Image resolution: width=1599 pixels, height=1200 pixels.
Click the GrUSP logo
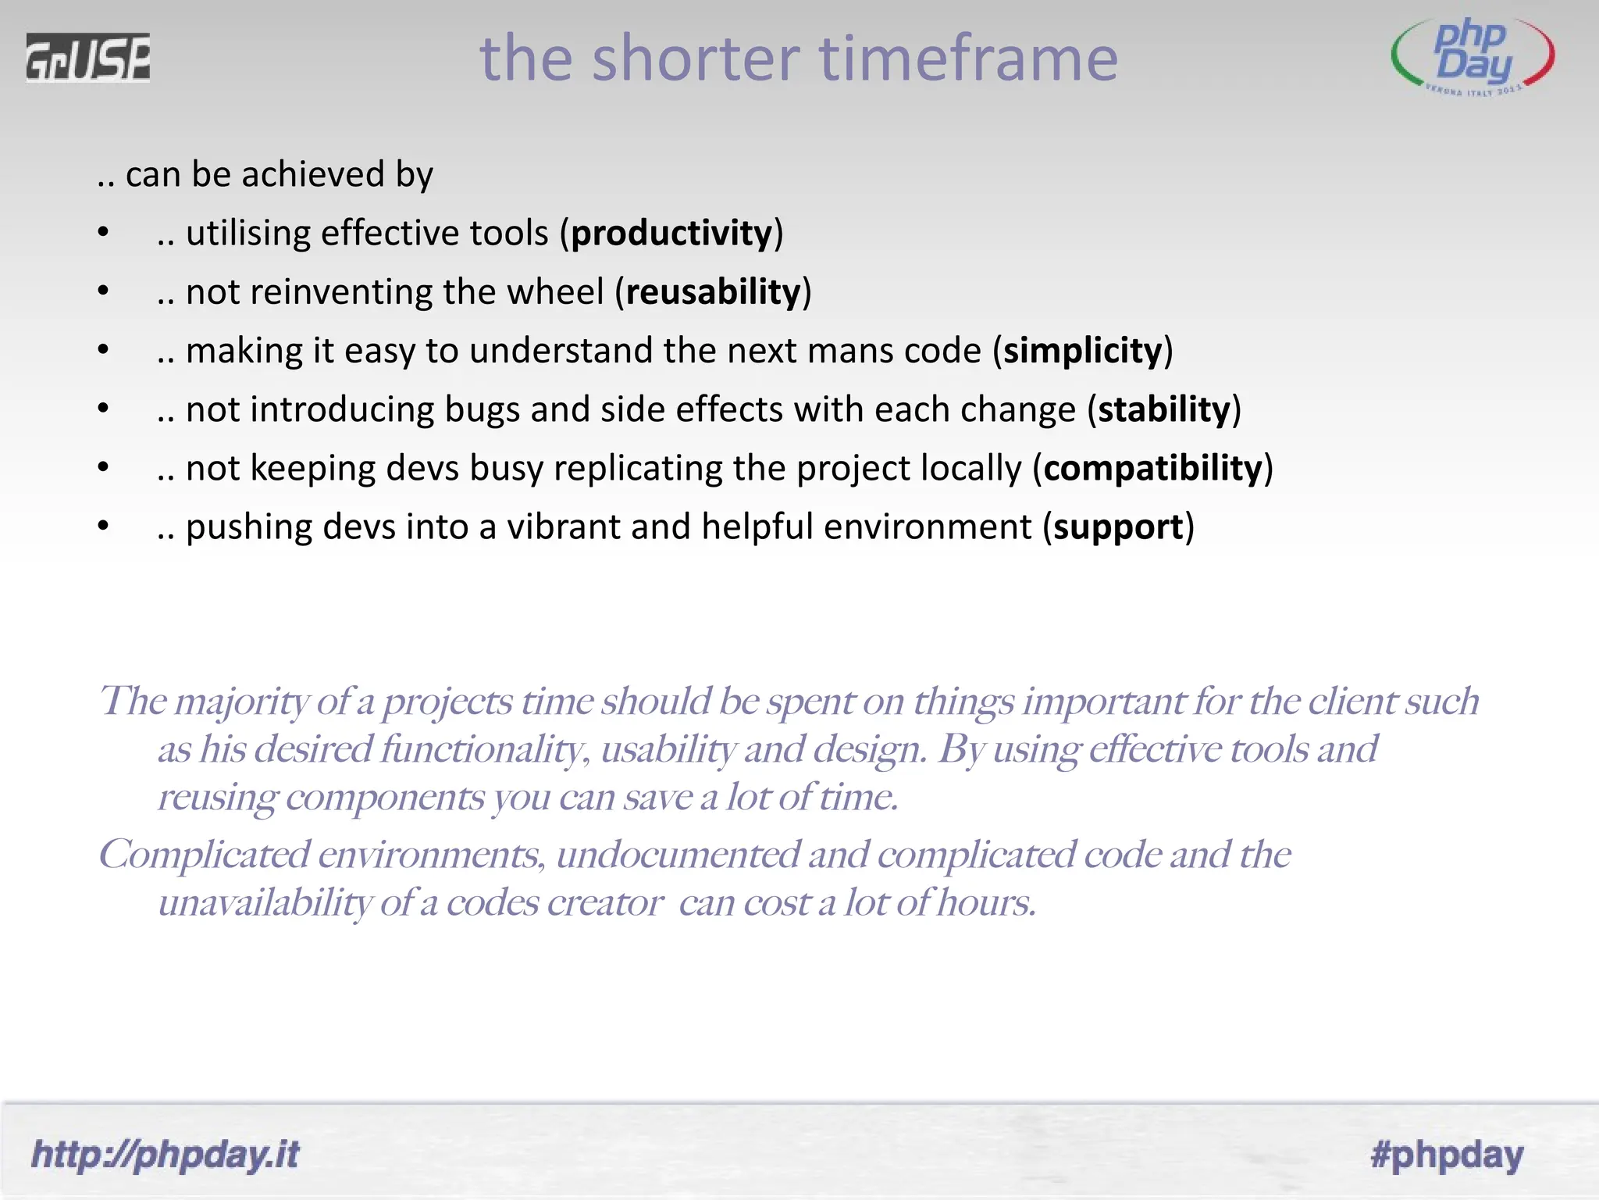(x=87, y=58)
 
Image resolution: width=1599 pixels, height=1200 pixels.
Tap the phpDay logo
(x=1473, y=56)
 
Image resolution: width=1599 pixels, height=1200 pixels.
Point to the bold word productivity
(x=671, y=234)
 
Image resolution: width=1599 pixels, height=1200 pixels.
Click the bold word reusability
(x=713, y=292)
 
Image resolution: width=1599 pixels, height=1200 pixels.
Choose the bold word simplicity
(x=1083, y=351)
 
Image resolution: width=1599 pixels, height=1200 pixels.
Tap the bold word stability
(x=1164, y=409)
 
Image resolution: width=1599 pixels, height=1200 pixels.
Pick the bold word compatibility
(x=1152, y=468)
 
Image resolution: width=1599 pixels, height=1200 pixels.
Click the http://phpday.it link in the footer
(x=165, y=1155)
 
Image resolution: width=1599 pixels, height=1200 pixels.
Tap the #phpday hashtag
(x=1447, y=1155)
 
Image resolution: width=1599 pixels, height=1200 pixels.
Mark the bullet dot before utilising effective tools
(x=103, y=232)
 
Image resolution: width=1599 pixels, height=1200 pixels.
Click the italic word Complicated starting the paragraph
(x=204, y=855)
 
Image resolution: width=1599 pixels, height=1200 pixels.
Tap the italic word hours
(x=986, y=903)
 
